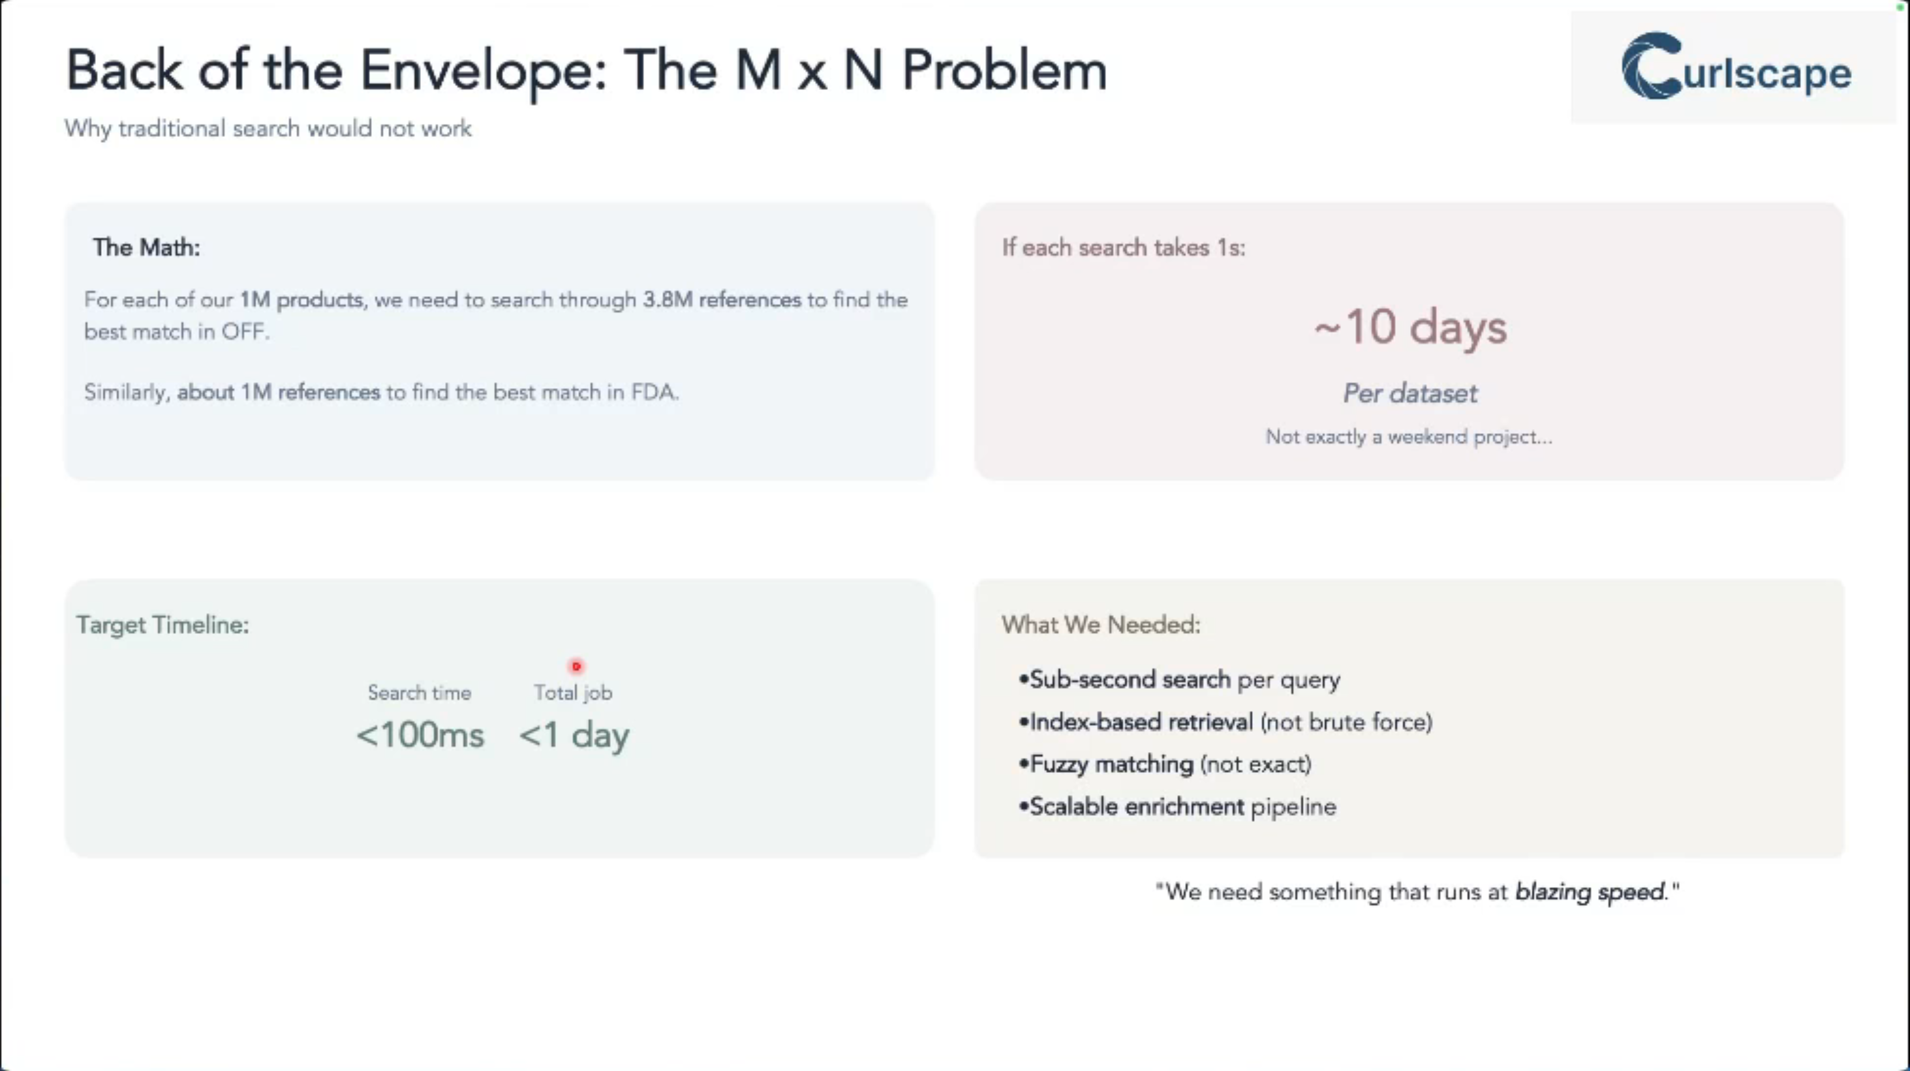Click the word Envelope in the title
[483, 72]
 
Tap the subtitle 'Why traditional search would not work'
[268, 129]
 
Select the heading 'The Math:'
[146, 248]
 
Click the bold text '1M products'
[301, 300]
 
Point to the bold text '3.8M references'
[722, 300]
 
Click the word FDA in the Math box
[653, 392]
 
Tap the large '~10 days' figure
[1409, 327]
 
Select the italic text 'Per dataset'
[1409, 393]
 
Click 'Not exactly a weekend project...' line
[1408, 437]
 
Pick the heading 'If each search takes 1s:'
[1122, 248]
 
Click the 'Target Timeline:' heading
[162, 625]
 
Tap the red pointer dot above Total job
[576, 667]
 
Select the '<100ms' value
[420, 735]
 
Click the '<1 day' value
[574, 735]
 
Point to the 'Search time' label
[419, 693]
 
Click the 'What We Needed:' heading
[1100, 625]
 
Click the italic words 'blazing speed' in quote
[1590, 892]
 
